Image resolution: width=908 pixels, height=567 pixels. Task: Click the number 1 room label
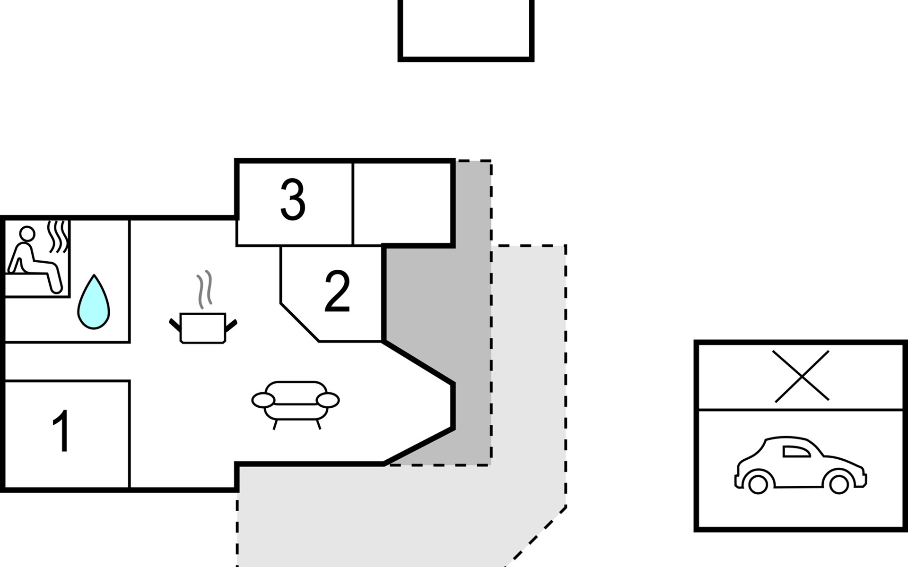(61, 431)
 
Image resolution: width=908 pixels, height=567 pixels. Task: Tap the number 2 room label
(337, 292)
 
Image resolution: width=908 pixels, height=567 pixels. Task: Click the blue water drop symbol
(94, 304)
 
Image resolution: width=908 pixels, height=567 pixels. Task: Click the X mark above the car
(802, 376)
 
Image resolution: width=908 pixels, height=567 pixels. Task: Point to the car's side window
(795, 452)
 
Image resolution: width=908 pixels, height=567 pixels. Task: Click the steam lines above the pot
(205, 289)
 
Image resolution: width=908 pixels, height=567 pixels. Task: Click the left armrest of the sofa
(263, 400)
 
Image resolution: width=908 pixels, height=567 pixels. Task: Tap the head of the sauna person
(27, 233)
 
